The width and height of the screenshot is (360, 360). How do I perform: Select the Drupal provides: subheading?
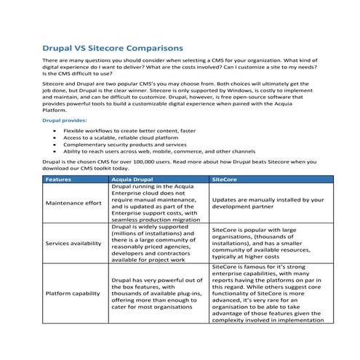[x=66, y=119]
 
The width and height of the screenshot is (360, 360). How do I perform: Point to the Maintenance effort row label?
[x=73, y=202]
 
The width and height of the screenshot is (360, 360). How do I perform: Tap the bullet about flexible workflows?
[x=140, y=129]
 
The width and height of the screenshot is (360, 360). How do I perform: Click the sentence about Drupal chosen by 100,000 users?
[x=179, y=163]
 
